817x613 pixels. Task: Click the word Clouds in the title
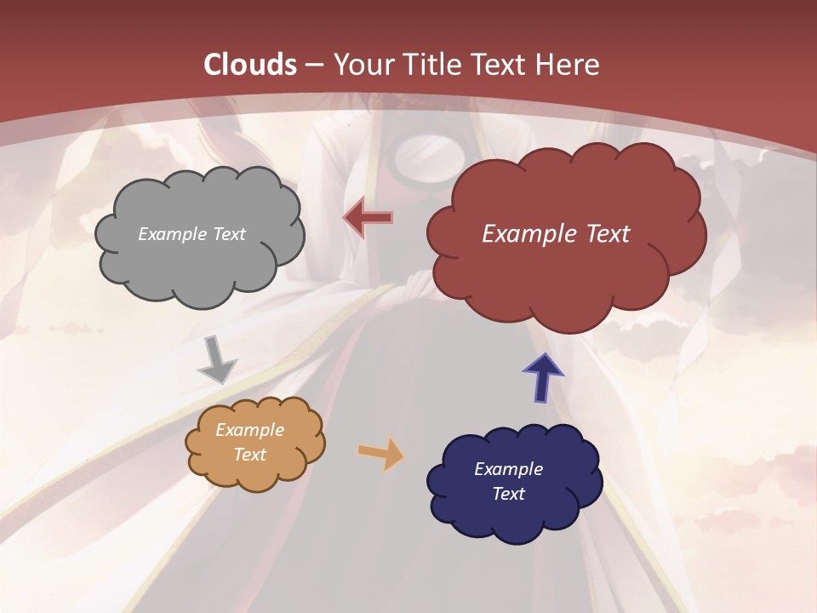pyautogui.click(x=250, y=65)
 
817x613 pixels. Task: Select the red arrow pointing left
pyautogui.click(x=369, y=218)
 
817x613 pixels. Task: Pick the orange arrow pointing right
pyautogui.click(x=381, y=453)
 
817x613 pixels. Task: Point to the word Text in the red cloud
pyautogui.click(x=608, y=234)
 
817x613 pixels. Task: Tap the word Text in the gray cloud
pyautogui.click(x=230, y=234)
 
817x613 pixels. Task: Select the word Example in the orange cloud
pyautogui.click(x=249, y=430)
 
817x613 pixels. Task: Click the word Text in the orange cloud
pyautogui.click(x=249, y=455)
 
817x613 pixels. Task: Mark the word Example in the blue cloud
pyautogui.click(x=508, y=469)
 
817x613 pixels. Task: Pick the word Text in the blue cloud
pyautogui.click(x=508, y=494)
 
